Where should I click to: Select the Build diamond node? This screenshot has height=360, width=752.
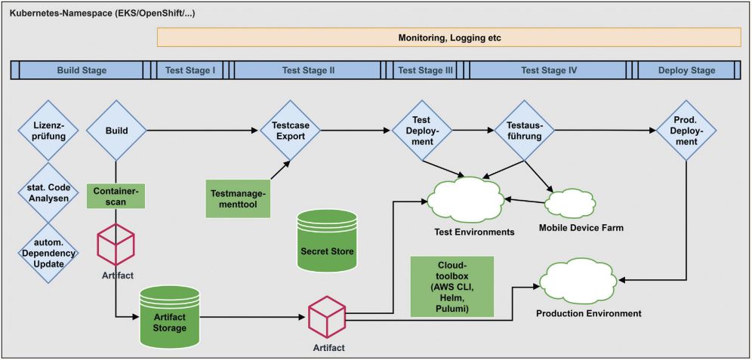click(116, 131)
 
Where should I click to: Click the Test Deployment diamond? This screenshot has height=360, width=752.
click(421, 131)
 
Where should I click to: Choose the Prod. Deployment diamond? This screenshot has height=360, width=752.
click(686, 131)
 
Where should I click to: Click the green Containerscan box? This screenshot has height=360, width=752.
click(116, 197)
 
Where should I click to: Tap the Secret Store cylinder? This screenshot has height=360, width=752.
click(327, 242)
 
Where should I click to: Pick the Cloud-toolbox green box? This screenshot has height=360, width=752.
click(452, 287)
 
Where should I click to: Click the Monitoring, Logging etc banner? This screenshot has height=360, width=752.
click(448, 38)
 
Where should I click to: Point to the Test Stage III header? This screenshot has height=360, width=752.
click(425, 70)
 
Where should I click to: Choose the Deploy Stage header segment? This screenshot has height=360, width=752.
click(686, 70)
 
